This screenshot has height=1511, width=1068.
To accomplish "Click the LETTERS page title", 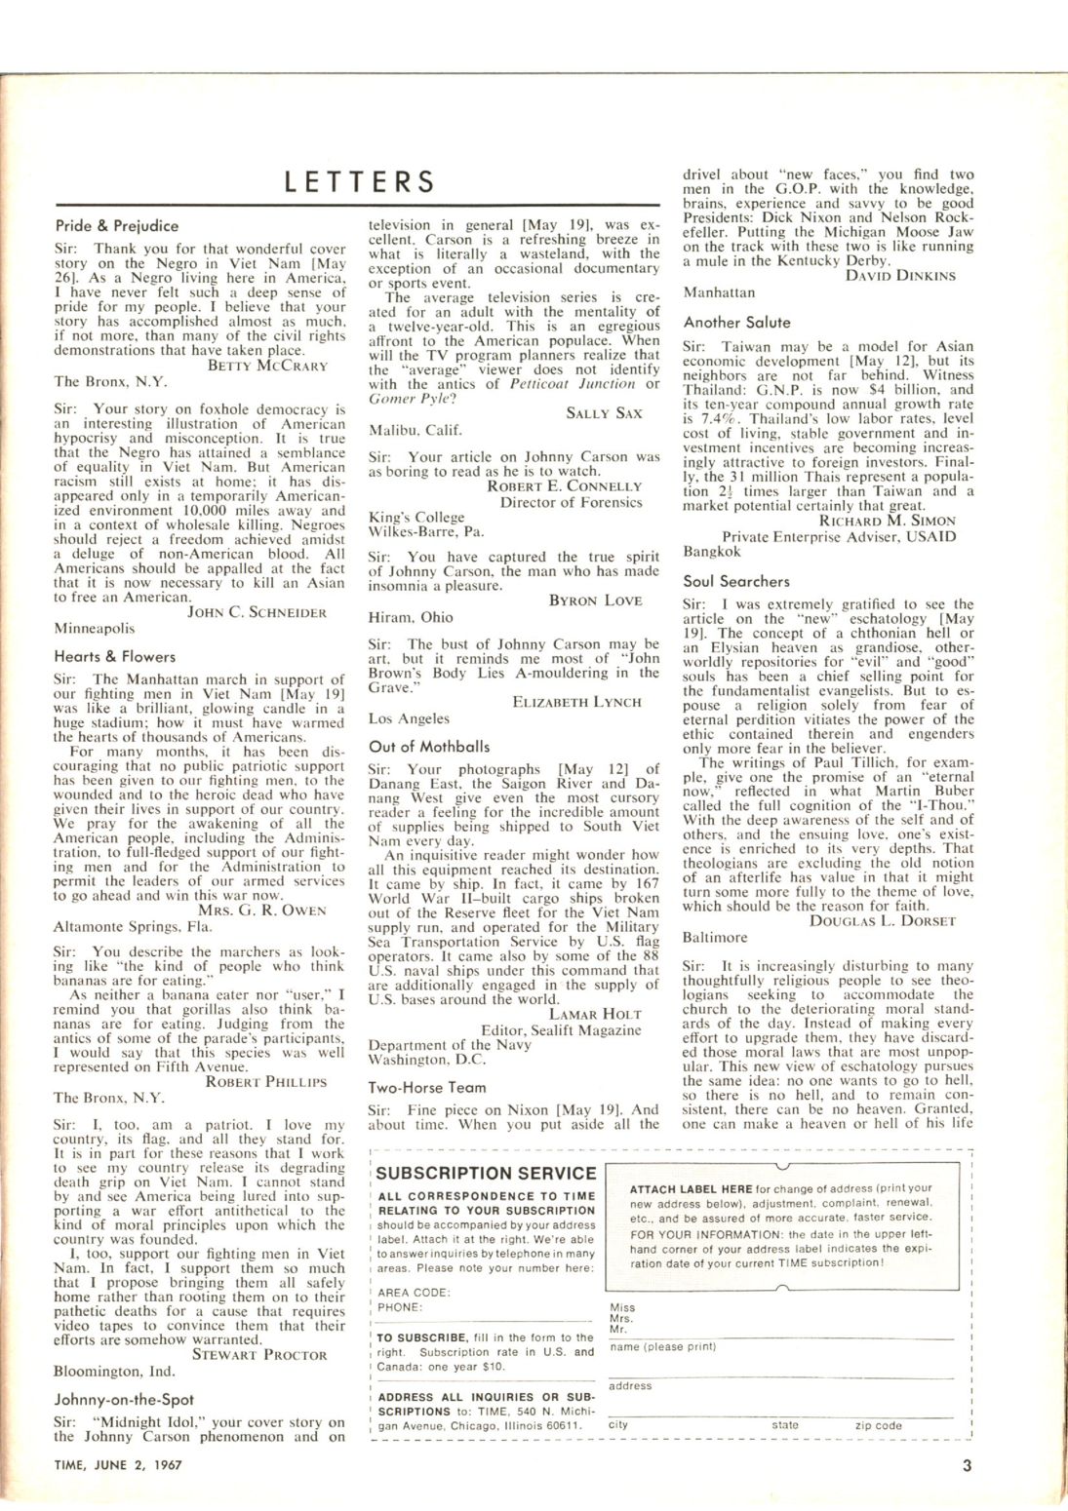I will pyautogui.click(x=359, y=182).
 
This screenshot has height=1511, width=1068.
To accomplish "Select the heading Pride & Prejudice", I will pyautogui.click(x=117, y=226).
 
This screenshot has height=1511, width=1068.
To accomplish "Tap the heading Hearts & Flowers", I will pyautogui.click(x=115, y=657).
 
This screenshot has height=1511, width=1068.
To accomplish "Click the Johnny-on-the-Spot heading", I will pyautogui.click(x=123, y=1400).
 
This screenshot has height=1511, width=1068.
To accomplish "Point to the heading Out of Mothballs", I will pyautogui.click(x=429, y=747).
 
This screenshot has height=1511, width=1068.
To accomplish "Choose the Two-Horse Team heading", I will pyautogui.click(x=427, y=1087).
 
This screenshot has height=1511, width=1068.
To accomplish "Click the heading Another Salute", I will pyautogui.click(x=736, y=323).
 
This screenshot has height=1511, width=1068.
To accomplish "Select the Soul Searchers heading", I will pyautogui.click(x=736, y=582).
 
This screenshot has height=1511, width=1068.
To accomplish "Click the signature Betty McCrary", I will pyautogui.click(x=268, y=367).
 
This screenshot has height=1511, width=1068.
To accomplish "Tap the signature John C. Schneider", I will pyautogui.click(x=257, y=612).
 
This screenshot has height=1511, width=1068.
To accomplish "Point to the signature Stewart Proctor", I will pyautogui.click(x=259, y=1354).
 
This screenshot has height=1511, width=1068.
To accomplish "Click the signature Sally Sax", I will pyautogui.click(x=604, y=413).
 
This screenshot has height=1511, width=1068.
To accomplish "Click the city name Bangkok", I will pyautogui.click(x=712, y=552).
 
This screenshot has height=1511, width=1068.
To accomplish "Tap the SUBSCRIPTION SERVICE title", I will pyautogui.click(x=486, y=1174).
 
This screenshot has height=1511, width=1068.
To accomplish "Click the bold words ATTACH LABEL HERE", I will pyautogui.click(x=691, y=1189).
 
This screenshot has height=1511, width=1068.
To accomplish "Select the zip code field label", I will pyautogui.click(x=878, y=1425).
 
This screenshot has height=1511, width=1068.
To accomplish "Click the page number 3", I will pyautogui.click(x=967, y=1463).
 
